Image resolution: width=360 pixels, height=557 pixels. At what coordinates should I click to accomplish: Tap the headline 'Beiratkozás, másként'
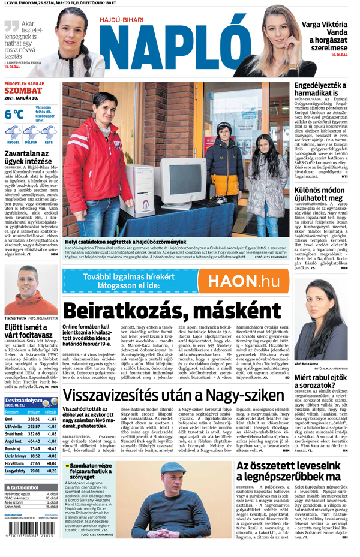163,311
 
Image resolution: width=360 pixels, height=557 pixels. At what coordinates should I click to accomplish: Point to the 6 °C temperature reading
14,113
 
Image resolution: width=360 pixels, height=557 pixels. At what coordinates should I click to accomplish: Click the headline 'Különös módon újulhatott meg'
321,192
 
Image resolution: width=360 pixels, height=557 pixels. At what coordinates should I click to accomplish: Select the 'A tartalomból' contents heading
24,487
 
